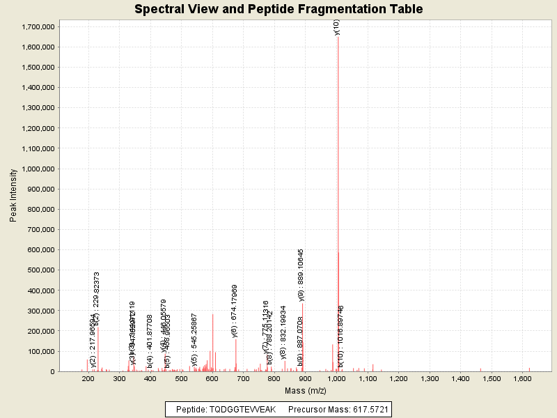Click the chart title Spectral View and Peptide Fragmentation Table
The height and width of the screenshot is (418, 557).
(x=278, y=9)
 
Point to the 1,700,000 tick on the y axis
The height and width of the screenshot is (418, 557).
(x=38, y=26)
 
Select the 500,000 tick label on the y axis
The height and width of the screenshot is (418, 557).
(x=41, y=270)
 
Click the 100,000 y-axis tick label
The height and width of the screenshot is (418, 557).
(x=41, y=351)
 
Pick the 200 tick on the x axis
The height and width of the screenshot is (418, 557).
(x=88, y=378)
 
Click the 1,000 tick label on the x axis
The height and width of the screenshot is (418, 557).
(x=336, y=378)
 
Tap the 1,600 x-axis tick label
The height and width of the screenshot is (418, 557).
(x=523, y=378)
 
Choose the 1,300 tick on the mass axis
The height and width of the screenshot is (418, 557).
(x=430, y=378)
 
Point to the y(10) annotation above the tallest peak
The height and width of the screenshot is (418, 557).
(x=336, y=27)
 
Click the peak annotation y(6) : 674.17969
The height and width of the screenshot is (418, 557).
(x=235, y=311)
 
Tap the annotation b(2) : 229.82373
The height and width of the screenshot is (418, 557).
(x=97, y=298)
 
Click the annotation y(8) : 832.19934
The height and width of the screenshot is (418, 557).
(x=283, y=332)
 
